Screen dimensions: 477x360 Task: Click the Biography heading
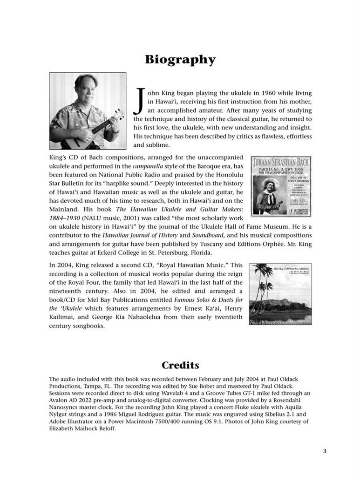(x=180, y=60)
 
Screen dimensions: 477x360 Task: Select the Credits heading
(x=180, y=365)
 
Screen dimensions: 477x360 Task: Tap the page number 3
(x=324, y=450)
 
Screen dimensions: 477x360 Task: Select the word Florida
(x=199, y=253)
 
